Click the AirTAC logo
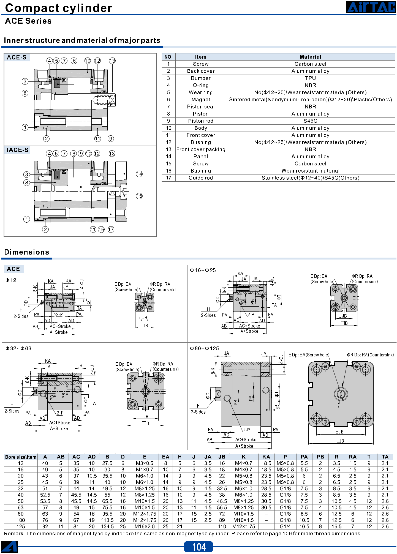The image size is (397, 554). click(371, 7)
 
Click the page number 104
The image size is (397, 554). click(199, 547)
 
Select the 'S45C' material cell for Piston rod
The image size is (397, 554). click(310, 121)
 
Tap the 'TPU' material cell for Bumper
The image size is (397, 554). click(310, 78)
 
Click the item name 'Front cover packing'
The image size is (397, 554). click(201, 149)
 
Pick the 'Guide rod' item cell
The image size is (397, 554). click(201, 178)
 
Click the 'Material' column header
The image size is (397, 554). click(310, 57)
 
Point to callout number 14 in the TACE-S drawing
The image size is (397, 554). click(139, 174)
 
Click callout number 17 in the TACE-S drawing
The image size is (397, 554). click(111, 230)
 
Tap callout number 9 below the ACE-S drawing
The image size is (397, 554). click(111, 139)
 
